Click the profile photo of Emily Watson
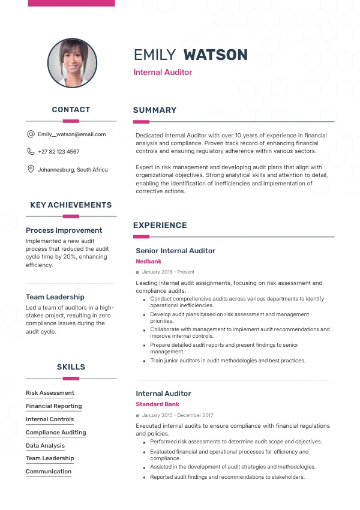tap(72, 63)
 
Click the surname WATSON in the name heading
tap(215, 55)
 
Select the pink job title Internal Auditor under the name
tap(163, 72)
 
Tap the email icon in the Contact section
tap(31, 134)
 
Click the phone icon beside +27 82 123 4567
tap(31, 152)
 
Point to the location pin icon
tap(31, 169)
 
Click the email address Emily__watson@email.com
tap(71, 134)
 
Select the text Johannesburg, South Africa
tap(73, 170)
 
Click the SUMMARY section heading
tap(155, 110)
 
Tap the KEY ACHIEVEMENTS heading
tap(71, 205)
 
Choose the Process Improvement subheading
tap(64, 230)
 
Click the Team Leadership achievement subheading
tap(55, 297)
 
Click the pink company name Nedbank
tap(148, 262)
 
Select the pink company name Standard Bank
tap(157, 404)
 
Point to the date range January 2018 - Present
tap(168, 272)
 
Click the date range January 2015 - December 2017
tap(178, 415)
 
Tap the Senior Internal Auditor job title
tap(175, 251)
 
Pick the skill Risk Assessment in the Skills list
tap(50, 393)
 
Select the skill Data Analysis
tap(45, 446)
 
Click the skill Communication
tap(49, 472)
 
